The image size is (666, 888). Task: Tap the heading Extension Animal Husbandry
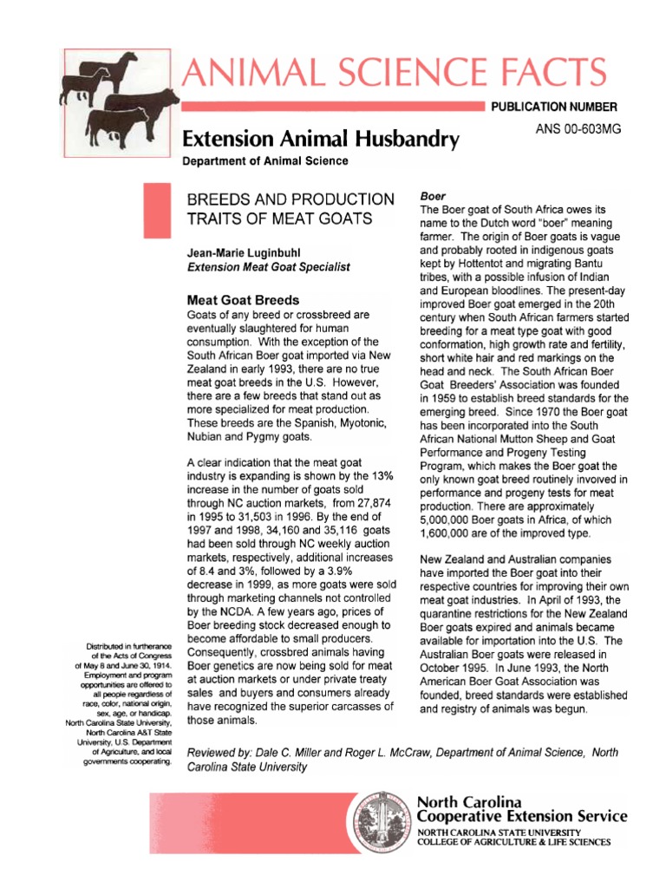click(x=321, y=139)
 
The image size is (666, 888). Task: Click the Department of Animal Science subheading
click(x=265, y=161)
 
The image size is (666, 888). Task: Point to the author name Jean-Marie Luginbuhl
click(x=242, y=252)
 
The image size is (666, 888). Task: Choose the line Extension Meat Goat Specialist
click(x=269, y=267)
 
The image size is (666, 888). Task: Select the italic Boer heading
click(x=433, y=197)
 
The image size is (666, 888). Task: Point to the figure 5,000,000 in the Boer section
click(x=449, y=519)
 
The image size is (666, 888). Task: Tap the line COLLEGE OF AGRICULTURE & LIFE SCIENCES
click(x=513, y=842)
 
